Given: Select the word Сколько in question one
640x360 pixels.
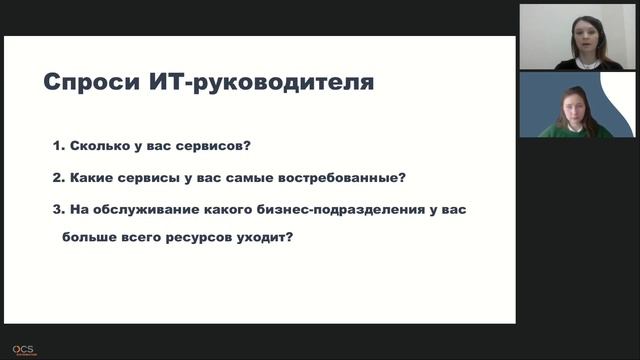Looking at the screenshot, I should pyautogui.click(x=100, y=145).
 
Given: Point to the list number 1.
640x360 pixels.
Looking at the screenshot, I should pyautogui.click(x=58, y=145).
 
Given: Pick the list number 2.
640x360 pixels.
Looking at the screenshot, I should pyautogui.click(x=58, y=178).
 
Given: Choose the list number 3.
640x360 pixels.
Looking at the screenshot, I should pyautogui.click(x=58, y=211).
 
